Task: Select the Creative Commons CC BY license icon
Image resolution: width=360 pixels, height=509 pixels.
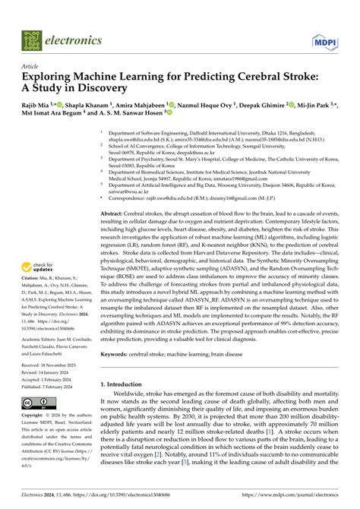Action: point(37,402)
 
